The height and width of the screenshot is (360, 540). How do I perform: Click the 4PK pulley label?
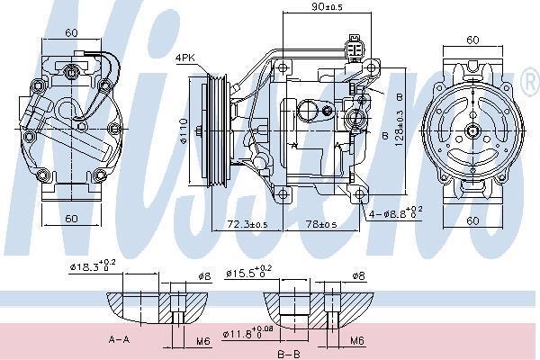tap(184, 58)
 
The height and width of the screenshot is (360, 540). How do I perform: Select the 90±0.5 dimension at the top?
tap(327, 6)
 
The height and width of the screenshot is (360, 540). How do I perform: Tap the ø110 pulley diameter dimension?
tap(184, 130)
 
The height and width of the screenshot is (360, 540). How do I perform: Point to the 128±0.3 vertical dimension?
tap(399, 128)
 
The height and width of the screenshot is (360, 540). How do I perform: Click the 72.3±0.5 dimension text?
tap(247, 224)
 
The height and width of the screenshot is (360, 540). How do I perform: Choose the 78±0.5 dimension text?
tap(321, 224)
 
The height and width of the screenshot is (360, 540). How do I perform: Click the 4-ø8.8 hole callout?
tap(396, 213)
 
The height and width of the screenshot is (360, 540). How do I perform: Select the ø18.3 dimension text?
tap(93, 265)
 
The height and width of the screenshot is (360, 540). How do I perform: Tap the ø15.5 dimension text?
tap(248, 272)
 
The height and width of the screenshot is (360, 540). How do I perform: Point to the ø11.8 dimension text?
tap(248, 333)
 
